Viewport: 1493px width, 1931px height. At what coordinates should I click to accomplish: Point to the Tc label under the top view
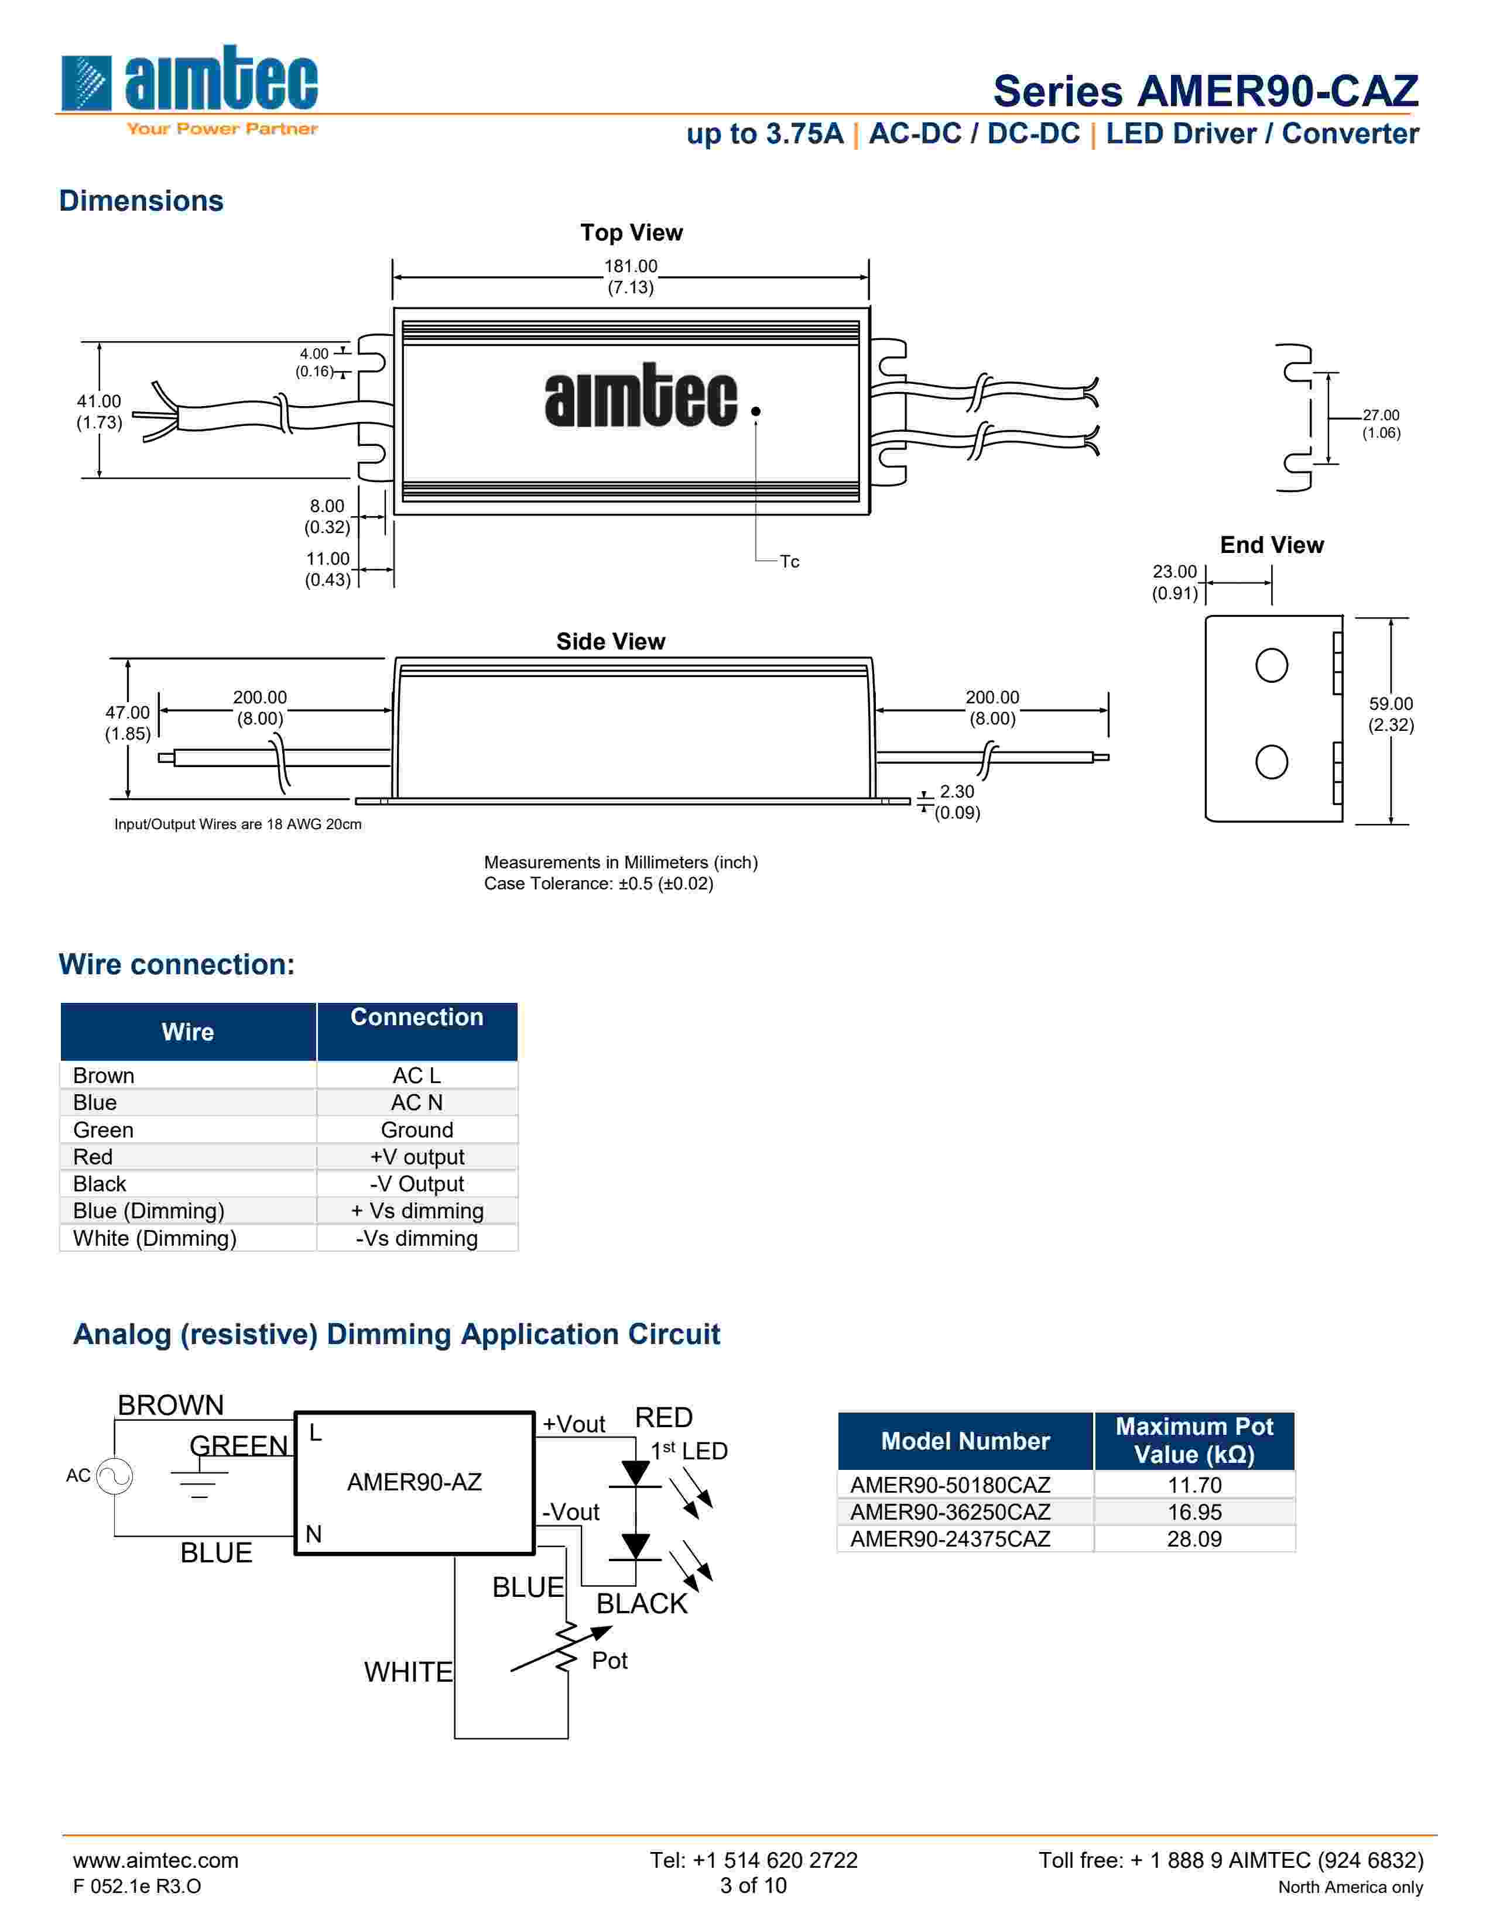(x=789, y=561)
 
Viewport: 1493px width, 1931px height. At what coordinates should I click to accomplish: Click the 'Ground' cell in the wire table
(x=417, y=1130)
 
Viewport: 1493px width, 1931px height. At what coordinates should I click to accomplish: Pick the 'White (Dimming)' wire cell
(x=155, y=1238)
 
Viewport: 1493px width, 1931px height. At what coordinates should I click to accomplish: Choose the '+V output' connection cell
(x=417, y=1156)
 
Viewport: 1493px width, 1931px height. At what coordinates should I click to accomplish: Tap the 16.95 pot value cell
(x=1194, y=1512)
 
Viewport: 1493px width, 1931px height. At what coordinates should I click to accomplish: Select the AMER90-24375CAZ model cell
(x=950, y=1540)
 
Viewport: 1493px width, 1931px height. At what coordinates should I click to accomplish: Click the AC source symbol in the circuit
(x=114, y=1476)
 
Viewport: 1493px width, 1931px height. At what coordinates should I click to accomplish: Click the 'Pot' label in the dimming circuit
(x=609, y=1661)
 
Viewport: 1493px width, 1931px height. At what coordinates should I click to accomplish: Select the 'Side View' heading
(x=610, y=642)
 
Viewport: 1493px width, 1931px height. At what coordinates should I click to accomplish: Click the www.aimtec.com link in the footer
(x=156, y=1860)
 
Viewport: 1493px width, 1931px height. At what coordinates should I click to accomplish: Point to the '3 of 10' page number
(x=753, y=1886)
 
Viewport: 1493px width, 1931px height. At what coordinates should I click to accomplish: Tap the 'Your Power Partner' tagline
(x=222, y=129)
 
